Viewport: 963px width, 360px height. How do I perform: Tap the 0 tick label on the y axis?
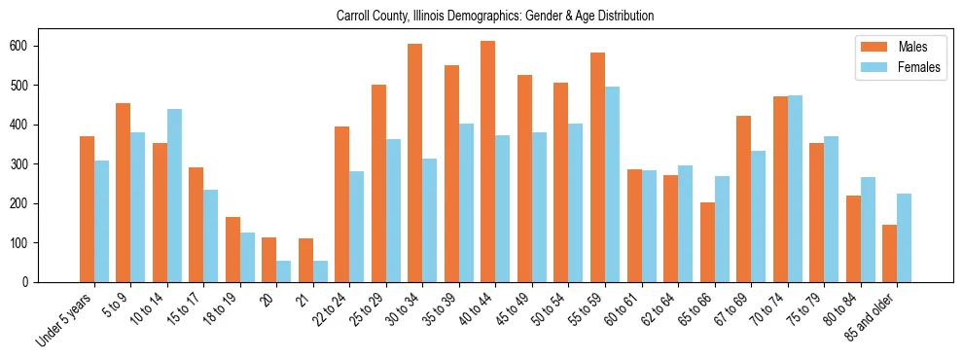coord(31,282)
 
